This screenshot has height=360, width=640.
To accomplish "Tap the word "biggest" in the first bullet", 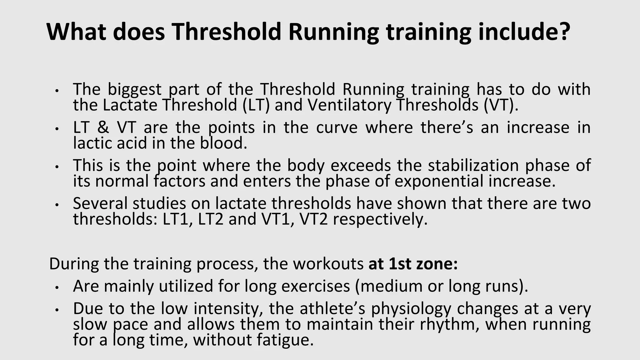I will click(135, 90).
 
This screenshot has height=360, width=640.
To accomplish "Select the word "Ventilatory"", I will click(349, 105).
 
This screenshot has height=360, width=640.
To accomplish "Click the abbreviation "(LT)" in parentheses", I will click(256, 105).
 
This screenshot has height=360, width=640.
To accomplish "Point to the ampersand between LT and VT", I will click(103, 127).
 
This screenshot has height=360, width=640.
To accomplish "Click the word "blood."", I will click(223, 143).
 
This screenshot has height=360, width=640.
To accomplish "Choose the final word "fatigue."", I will click(285, 340).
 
